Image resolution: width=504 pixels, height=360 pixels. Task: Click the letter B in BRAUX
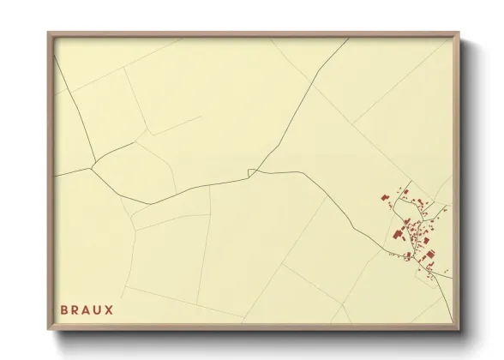(64, 309)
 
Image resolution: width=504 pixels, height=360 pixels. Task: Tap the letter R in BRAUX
(75, 309)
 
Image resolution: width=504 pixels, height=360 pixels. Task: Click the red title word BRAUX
(87, 309)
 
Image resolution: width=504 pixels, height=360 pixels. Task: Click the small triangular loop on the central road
(251, 173)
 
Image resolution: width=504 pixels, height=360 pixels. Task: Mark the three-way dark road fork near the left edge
(93, 159)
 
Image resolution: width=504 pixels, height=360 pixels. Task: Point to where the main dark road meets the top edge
(348, 38)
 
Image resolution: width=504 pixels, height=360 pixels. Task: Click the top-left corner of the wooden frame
(49, 33)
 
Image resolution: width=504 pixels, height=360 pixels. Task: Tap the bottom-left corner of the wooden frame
(49, 330)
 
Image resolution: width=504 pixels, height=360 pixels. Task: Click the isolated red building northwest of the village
(385, 198)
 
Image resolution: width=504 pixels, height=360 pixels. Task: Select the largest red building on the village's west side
(398, 233)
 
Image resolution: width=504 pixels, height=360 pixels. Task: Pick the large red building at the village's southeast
(429, 255)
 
